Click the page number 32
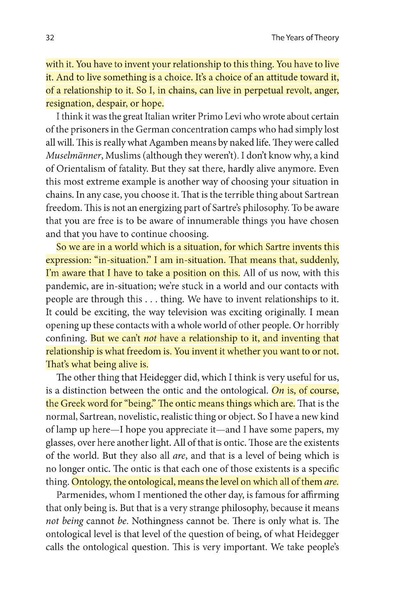pos(50,38)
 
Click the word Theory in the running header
pos(327,38)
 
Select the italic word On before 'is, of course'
pos(278,390)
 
